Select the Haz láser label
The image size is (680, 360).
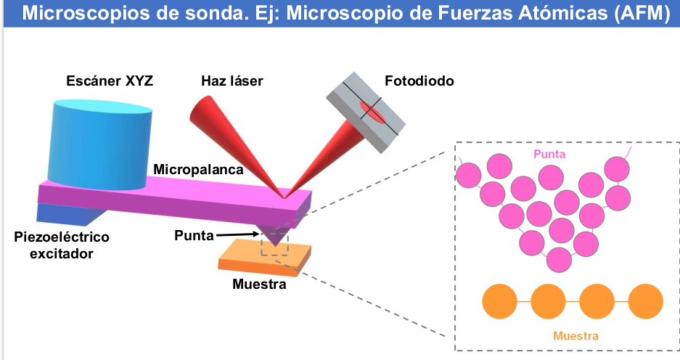pos(232,81)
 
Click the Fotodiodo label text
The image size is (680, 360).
pos(419,81)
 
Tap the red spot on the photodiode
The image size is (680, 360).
pos(372,112)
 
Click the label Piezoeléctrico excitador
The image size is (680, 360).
pos(61,245)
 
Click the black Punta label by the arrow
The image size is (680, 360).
pos(194,235)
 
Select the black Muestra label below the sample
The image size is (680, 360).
pos(259,285)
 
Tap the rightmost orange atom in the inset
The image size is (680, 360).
pos(645,299)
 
